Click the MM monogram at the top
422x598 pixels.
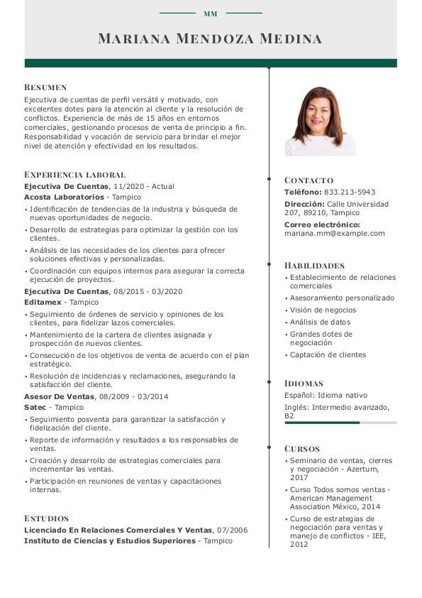pos(211,13)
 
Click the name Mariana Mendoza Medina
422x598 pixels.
pos(210,38)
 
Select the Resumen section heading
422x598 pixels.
pos(45,87)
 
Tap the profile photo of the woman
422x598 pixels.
pos(320,121)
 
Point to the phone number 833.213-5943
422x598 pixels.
pos(349,192)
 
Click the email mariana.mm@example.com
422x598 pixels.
pos(334,233)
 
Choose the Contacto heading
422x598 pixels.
pos(309,180)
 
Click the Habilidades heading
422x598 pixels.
pos(314,265)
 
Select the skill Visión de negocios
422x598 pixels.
pos(323,310)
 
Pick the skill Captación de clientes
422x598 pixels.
pos(328,354)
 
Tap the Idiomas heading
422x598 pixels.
pos(304,383)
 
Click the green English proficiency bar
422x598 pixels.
pos(322,423)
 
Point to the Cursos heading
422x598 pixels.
pos(302,448)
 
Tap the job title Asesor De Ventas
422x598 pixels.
pos(60,396)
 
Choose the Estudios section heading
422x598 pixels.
pos(46,518)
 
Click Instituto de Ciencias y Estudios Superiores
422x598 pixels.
pos(109,540)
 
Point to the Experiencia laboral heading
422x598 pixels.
pos(74,174)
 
